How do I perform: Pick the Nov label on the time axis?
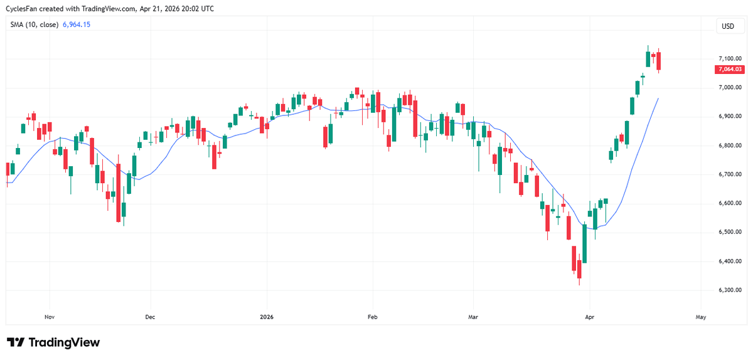click(x=50, y=317)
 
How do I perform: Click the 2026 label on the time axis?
click(x=267, y=317)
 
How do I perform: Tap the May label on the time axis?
click(x=701, y=317)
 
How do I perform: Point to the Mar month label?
click(x=473, y=317)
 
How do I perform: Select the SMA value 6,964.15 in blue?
click(x=76, y=25)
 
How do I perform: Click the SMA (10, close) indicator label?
click(x=34, y=25)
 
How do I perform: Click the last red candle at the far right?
click(x=658, y=61)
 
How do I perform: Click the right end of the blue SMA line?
click(x=658, y=98)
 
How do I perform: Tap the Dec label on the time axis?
click(x=150, y=317)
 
